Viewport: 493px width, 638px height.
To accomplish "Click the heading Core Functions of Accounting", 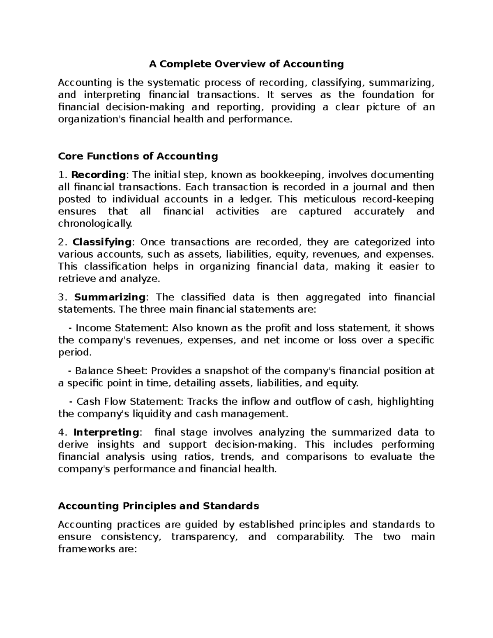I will [138, 156].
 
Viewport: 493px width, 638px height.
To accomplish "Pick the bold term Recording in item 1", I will [98, 175].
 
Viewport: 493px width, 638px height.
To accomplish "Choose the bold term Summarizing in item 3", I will [110, 297].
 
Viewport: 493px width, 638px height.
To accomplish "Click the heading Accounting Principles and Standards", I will [158, 506].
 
